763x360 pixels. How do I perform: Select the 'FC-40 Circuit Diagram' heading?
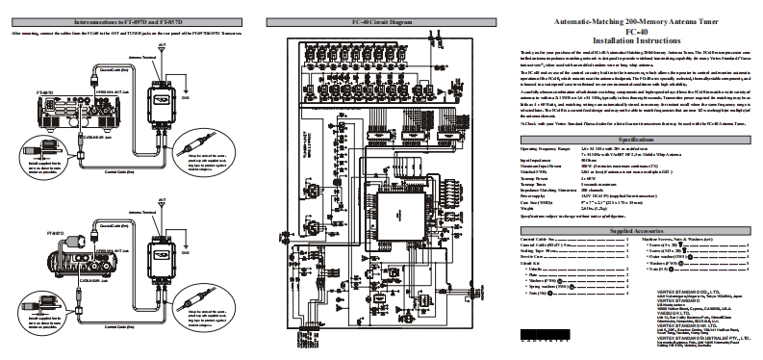coord(382,19)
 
